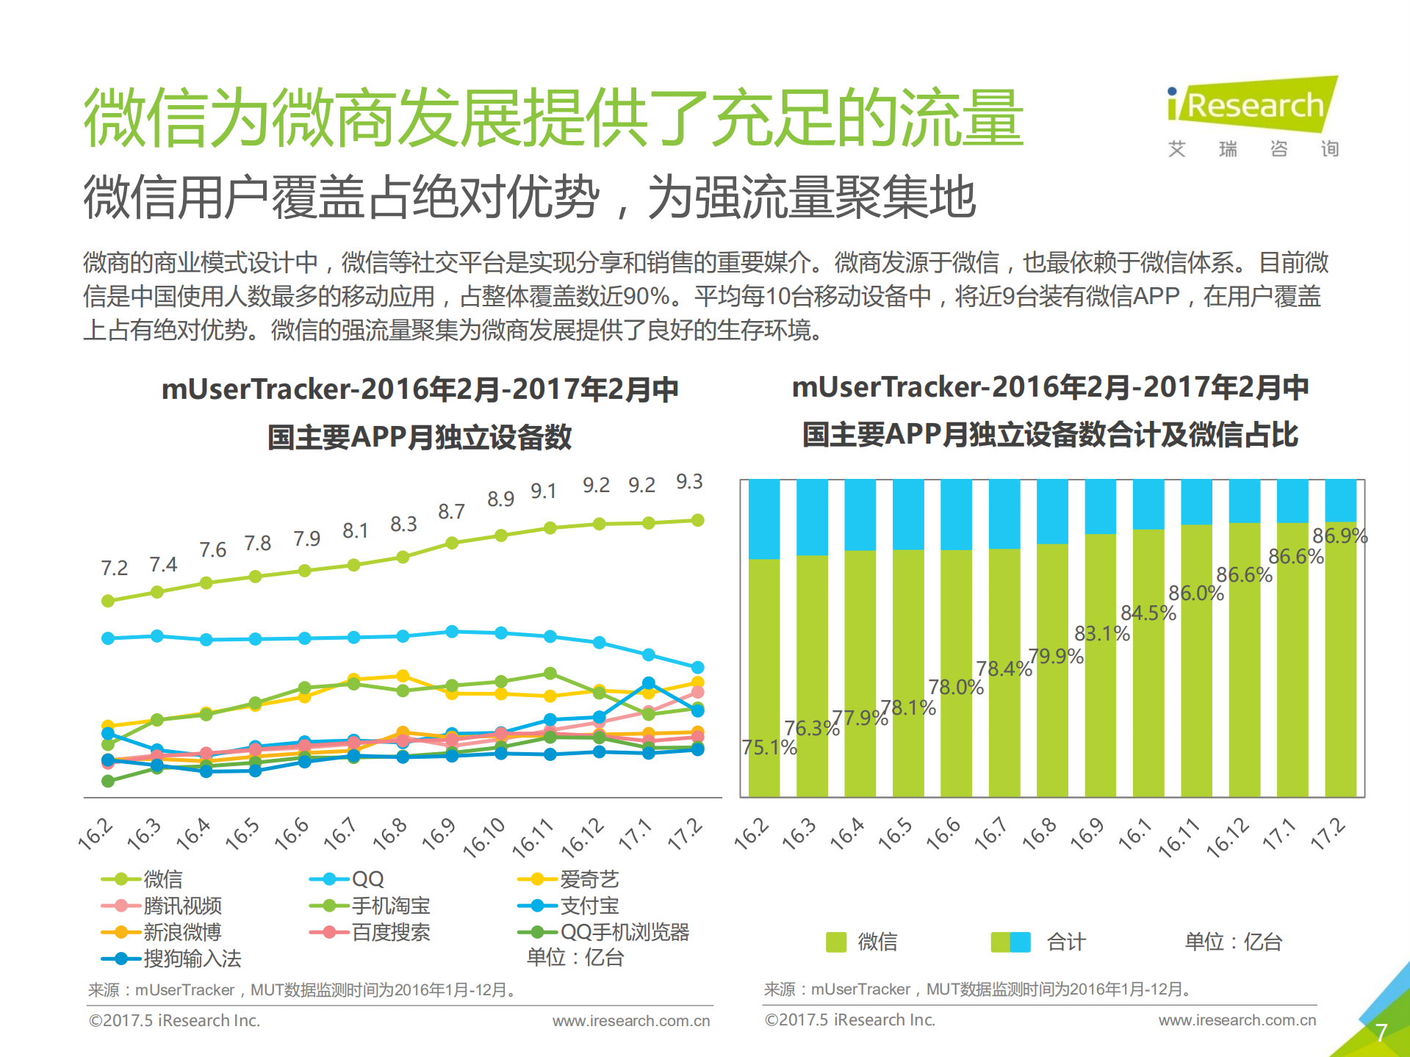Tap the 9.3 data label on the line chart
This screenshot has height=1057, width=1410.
pyautogui.click(x=689, y=482)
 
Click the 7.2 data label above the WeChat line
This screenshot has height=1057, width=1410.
pyautogui.click(x=114, y=568)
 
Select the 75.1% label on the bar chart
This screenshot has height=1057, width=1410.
pyautogui.click(x=769, y=748)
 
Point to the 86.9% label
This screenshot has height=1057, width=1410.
pyautogui.click(x=1339, y=535)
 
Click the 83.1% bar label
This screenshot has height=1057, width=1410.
pyautogui.click(x=1101, y=633)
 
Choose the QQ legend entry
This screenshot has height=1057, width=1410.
pyautogui.click(x=367, y=879)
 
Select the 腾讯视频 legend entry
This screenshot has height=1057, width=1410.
pyautogui.click(x=182, y=906)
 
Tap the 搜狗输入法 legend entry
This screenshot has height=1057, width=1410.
pyautogui.click(x=192, y=959)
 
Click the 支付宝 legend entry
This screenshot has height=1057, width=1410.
pyautogui.click(x=589, y=906)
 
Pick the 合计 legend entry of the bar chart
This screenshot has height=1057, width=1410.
pyautogui.click(x=1065, y=942)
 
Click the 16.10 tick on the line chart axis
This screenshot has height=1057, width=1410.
pyautogui.click(x=484, y=837)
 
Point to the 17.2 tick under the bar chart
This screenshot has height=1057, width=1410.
pyautogui.click(x=1328, y=835)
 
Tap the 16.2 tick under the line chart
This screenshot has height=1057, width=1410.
pyautogui.click(x=96, y=835)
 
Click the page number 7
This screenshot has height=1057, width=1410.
pyautogui.click(x=1381, y=1032)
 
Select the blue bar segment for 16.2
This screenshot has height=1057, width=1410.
pyautogui.click(x=764, y=519)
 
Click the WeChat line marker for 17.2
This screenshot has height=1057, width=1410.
pyautogui.click(x=698, y=520)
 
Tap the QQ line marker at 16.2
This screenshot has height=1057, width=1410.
pyautogui.click(x=108, y=638)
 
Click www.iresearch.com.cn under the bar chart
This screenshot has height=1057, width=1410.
pyautogui.click(x=1237, y=1020)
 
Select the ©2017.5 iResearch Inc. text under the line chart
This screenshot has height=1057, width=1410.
pyautogui.click(x=174, y=1021)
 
